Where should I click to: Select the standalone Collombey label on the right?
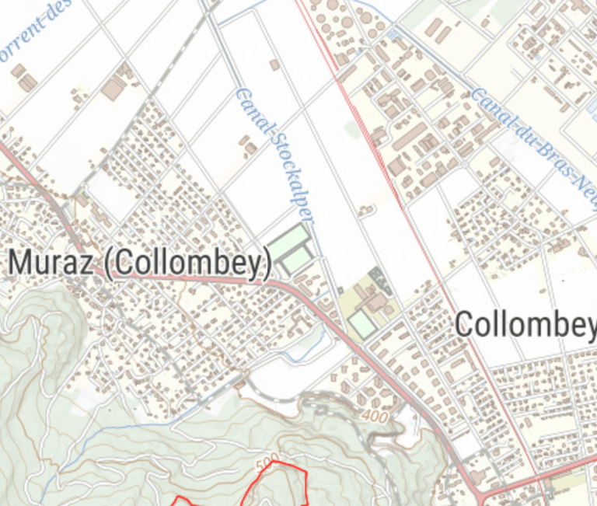tap(525, 323)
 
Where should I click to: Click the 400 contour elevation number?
tap(375, 417)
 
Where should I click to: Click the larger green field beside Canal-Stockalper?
tap(288, 240)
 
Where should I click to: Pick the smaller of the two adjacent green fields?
tap(298, 260)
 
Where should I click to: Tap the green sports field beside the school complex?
tap(361, 323)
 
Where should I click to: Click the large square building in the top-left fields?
tap(112, 90)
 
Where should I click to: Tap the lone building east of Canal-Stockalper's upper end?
tap(274, 65)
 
